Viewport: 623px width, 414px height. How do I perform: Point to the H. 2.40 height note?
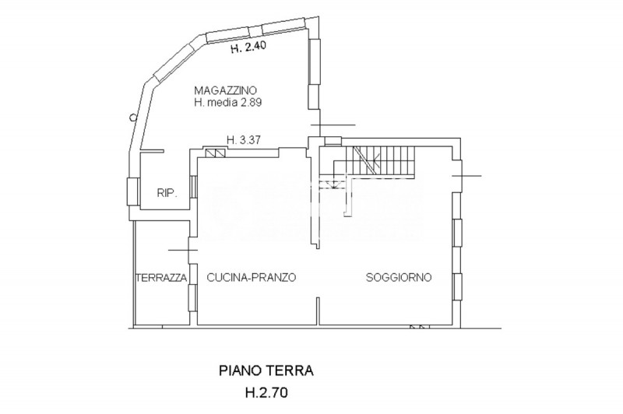(x=250, y=48)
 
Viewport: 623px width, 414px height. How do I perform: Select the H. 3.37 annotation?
(x=245, y=141)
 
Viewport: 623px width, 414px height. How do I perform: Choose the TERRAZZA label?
(x=160, y=277)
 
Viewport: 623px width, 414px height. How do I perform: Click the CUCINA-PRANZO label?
(x=251, y=277)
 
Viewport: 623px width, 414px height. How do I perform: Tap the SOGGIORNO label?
(x=399, y=277)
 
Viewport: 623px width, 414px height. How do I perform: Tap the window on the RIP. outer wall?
(x=129, y=191)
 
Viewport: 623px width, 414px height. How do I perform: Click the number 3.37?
(x=252, y=141)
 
